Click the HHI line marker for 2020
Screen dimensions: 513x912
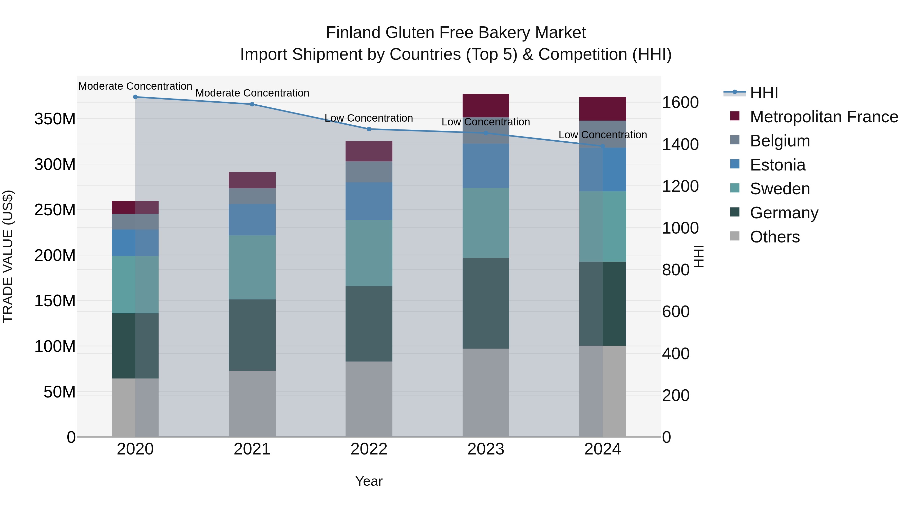[x=135, y=97]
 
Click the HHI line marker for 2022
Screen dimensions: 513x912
[x=369, y=129]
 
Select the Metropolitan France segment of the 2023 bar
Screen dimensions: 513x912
[x=486, y=105]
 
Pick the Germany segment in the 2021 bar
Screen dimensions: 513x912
[x=252, y=335]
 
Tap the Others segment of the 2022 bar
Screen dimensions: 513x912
[x=369, y=399]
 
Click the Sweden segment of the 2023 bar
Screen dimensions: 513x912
[x=486, y=223]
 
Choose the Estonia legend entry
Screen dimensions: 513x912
[x=777, y=165]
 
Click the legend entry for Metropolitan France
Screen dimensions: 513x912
[x=824, y=117]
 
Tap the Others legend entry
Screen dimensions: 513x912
[x=775, y=237]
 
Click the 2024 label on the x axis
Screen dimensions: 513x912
[x=603, y=449]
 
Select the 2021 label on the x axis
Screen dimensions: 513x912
[x=252, y=449]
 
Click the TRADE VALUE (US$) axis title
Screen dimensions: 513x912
[x=8, y=256]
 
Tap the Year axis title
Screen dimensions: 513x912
[x=369, y=481]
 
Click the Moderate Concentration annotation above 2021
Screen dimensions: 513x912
[x=252, y=93]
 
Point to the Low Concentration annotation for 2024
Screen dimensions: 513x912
[x=603, y=135]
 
